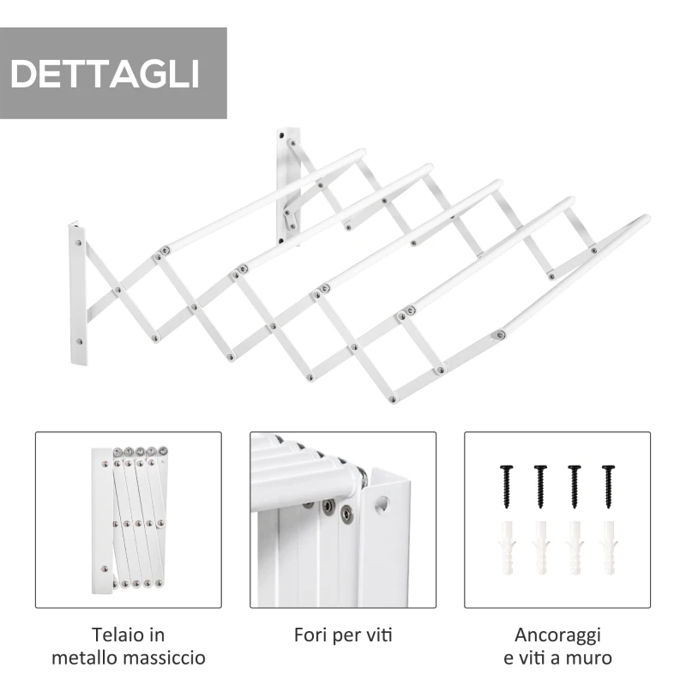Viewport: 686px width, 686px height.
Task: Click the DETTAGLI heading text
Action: point(105,74)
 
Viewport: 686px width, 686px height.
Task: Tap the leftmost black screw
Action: point(506,486)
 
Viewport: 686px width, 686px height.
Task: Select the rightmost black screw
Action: point(608,486)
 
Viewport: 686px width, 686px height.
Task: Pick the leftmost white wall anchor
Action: point(507,548)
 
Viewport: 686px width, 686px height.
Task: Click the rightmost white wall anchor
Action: point(609,548)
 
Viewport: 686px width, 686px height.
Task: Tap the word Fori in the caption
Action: point(310,635)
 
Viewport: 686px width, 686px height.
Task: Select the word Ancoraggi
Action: point(558,635)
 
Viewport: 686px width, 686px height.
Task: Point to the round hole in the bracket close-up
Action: point(382,503)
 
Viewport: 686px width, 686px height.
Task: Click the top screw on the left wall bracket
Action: point(78,243)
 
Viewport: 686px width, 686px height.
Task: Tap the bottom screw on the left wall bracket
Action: point(79,341)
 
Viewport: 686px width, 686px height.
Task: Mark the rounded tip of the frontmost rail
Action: point(645,220)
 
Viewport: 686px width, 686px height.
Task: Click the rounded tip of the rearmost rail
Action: point(360,154)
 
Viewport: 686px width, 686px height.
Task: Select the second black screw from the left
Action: point(540,486)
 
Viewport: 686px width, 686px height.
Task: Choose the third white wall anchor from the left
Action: point(575,548)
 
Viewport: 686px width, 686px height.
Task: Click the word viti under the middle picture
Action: point(378,635)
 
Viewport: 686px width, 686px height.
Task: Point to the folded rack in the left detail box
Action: point(130,520)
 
